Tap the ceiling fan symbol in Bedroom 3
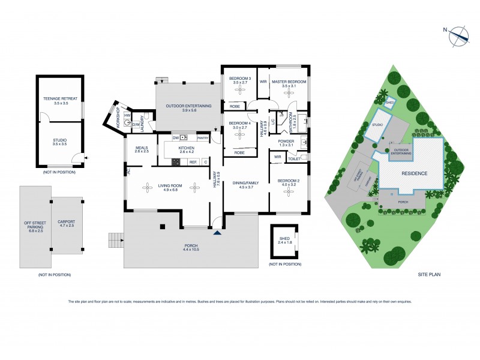tap(240, 91)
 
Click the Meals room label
tap(142, 149)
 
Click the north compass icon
tap(460, 35)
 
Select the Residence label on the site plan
tap(415, 173)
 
